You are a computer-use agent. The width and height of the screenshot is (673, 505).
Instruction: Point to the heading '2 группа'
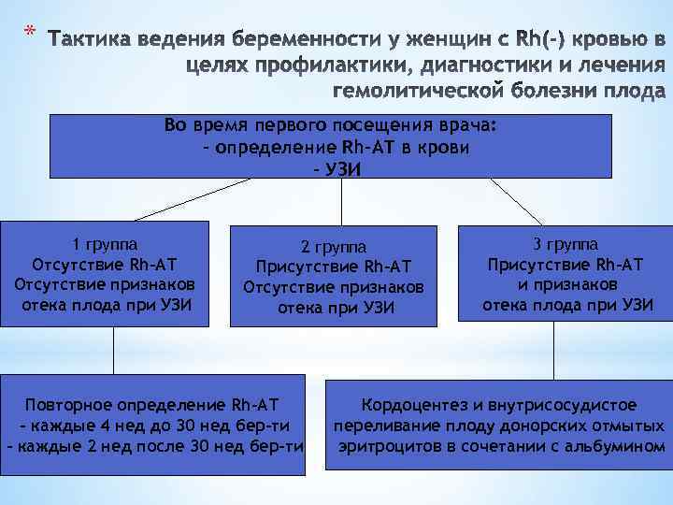coord(334,248)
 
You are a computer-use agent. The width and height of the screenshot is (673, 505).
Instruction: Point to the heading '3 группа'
coord(566,245)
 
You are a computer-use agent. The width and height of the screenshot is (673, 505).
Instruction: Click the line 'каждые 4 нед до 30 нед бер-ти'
coord(153,426)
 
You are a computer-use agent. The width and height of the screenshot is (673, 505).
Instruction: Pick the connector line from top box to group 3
coord(517,201)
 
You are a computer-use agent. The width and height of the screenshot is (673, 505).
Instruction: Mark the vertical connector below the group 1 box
coord(113,350)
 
